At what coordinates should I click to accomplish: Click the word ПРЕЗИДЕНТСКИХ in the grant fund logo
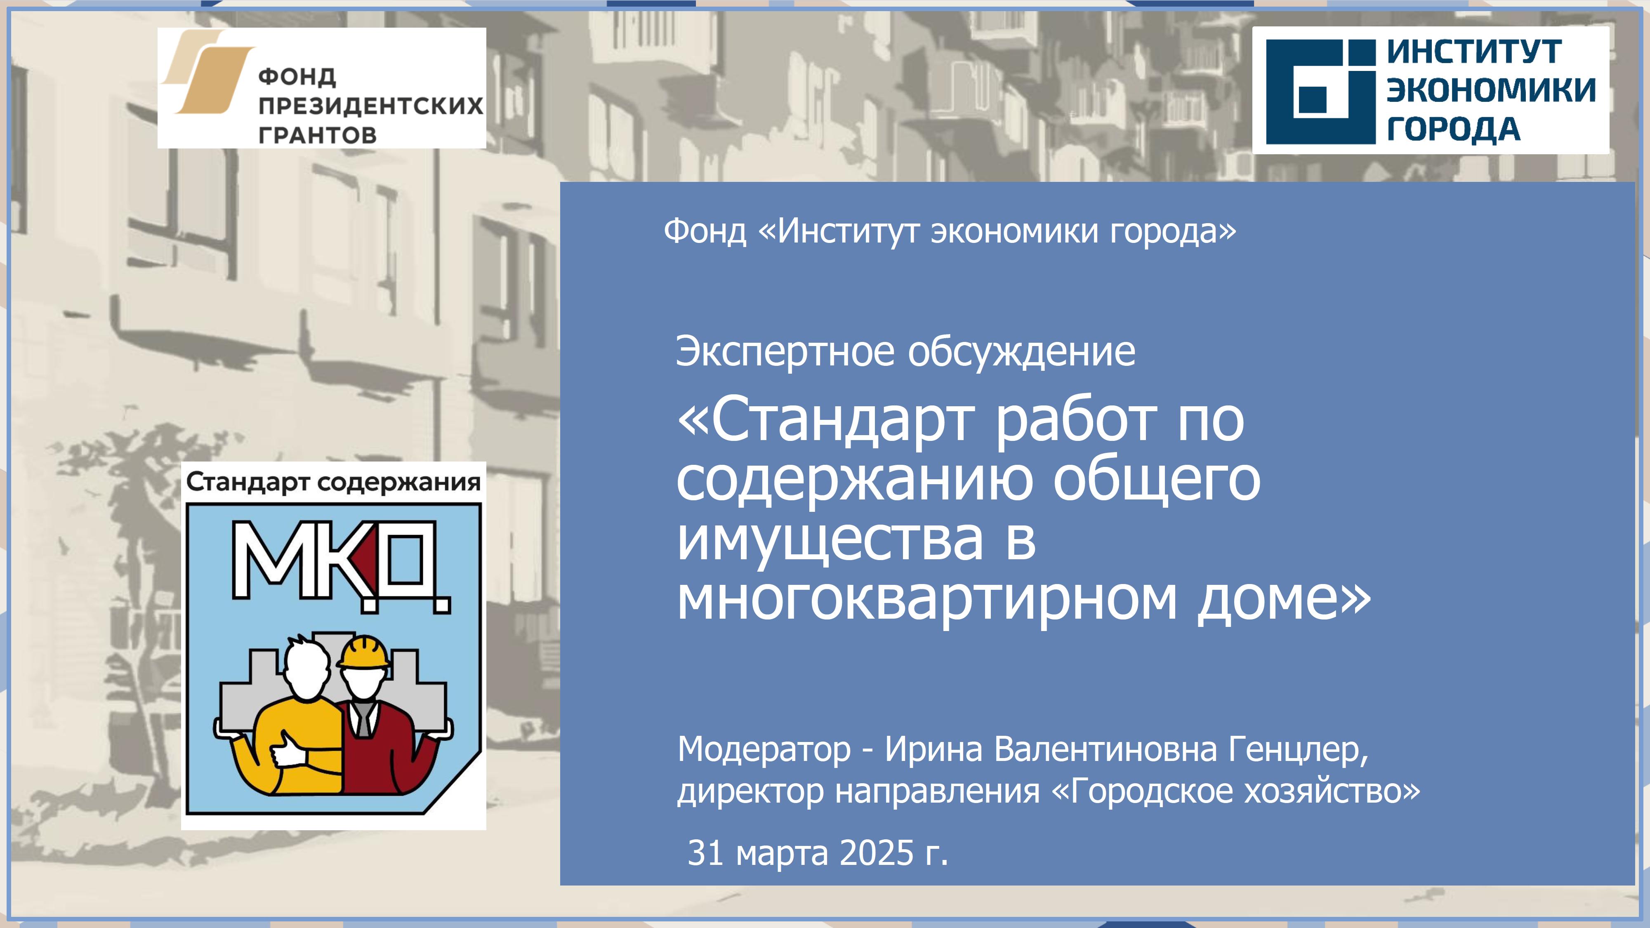point(371,106)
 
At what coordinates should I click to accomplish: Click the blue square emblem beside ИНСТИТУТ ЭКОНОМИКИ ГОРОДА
point(1321,92)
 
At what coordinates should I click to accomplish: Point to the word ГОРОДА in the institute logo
point(1453,129)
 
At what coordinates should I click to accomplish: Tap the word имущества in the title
point(830,539)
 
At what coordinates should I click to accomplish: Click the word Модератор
point(764,749)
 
